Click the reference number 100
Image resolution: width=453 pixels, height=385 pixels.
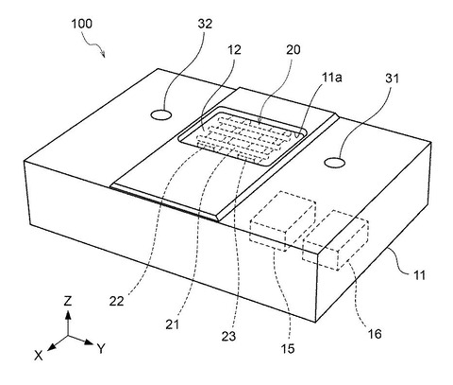[82, 24]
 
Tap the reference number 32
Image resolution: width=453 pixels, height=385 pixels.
[205, 24]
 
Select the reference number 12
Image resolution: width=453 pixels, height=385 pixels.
[234, 50]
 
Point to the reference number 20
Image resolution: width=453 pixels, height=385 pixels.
[293, 50]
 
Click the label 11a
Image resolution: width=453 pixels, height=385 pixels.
[331, 78]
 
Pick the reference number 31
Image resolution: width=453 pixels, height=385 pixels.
[392, 78]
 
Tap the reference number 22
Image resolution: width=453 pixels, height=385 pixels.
[116, 302]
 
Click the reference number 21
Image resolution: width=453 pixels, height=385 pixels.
[172, 324]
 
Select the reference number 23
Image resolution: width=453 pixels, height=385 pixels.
[228, 336]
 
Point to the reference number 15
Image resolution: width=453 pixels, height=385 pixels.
[288, 349]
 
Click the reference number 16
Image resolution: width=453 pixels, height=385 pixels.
[375, 334]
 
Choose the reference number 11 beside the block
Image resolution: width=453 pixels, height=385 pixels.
[419, 275]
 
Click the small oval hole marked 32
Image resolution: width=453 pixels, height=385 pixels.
[161, 114]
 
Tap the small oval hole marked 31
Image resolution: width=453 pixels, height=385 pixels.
[335, 163]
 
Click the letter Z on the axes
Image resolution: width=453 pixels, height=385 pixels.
[68, 302]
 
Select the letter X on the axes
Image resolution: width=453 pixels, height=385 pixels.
[39, 356]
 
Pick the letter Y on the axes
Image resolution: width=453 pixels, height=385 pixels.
[101, 349]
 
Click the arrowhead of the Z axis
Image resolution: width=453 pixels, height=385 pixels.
[68, 314]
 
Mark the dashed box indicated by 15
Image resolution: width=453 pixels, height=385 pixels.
[283, 221]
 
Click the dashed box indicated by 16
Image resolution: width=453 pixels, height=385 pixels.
[335, 240]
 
